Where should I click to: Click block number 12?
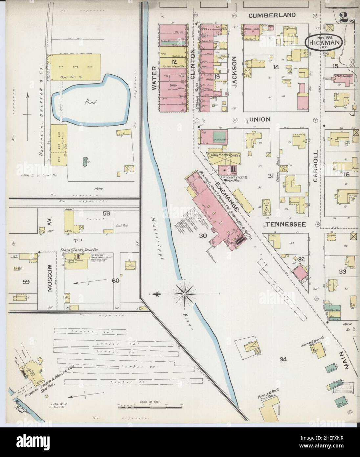point(173,61)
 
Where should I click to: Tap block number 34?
point(283,359)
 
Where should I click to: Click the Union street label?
point(259,119)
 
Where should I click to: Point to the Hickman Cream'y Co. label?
point(313,345)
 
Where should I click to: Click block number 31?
point(270,176)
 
